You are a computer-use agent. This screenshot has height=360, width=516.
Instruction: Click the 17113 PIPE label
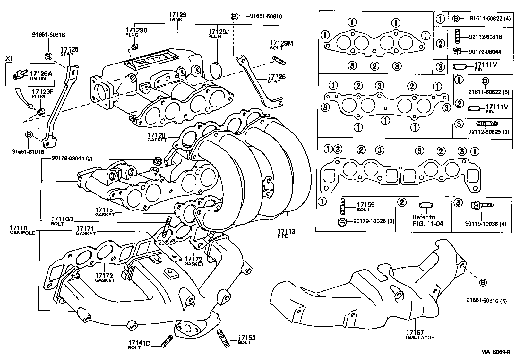286,233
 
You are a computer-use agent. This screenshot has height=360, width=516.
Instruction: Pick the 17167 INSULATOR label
420,335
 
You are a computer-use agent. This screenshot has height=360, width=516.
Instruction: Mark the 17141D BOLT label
139,345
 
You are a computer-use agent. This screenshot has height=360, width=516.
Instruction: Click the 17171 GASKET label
85,231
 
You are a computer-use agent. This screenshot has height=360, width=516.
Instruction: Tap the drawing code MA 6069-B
495,352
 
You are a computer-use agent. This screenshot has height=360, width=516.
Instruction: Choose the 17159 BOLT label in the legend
365,207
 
